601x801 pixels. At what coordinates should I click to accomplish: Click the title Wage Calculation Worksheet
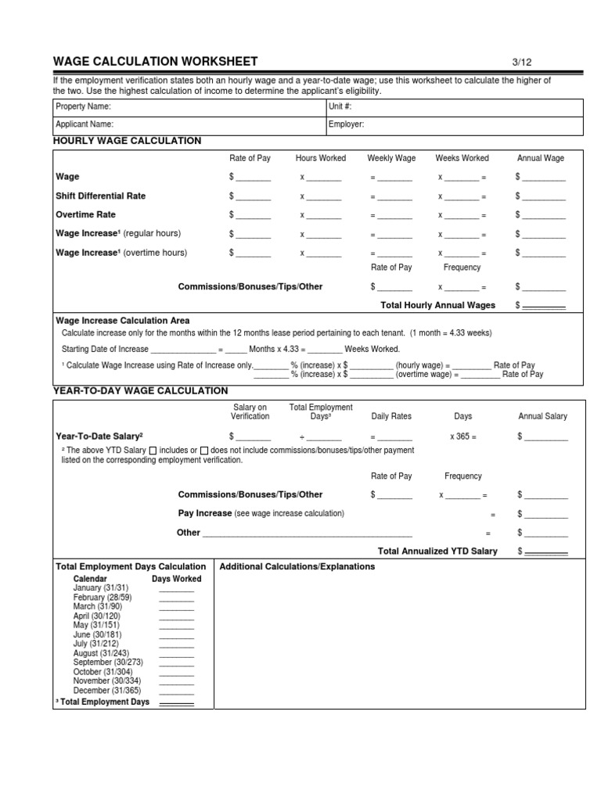pos(154,62)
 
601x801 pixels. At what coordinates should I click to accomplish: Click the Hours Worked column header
pos(320,158)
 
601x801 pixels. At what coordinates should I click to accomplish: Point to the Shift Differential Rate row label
pos(100,196)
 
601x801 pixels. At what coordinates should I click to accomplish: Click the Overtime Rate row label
pos(85,214)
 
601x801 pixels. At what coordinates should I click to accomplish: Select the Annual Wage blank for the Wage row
pos(543,178)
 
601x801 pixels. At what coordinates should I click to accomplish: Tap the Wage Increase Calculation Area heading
pos(122,321)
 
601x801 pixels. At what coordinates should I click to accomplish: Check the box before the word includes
pos(153,451)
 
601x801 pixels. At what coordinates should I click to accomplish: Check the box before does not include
pos(203,451)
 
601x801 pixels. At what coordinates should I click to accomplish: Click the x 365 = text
pos(462,436)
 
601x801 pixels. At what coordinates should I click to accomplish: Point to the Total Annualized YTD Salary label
pos(437,551)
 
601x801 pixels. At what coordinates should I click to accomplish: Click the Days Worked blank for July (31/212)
pos(176,644)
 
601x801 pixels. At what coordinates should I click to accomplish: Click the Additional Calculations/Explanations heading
pos(297,566)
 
